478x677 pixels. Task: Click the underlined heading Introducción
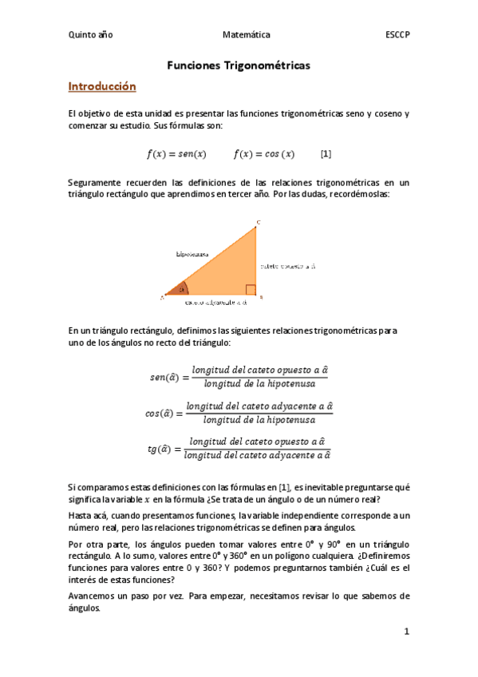[x=102, y=86]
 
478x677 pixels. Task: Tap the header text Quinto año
[x=91, y=35]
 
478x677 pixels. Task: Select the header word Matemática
[x=247, y=35]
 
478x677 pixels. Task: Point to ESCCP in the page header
[x=397, y=35]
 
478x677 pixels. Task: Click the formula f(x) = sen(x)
[x=176, y=153]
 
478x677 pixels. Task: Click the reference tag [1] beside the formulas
[x=326, y=153]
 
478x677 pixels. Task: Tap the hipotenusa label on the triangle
[x=192, y=254]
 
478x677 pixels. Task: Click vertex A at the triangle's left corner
[x=162, y=297]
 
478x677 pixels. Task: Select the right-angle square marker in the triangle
[x=251, y=290]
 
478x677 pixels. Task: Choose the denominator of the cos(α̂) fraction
[x=259, y=420]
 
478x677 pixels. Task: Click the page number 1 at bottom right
[x=406, y=631]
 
